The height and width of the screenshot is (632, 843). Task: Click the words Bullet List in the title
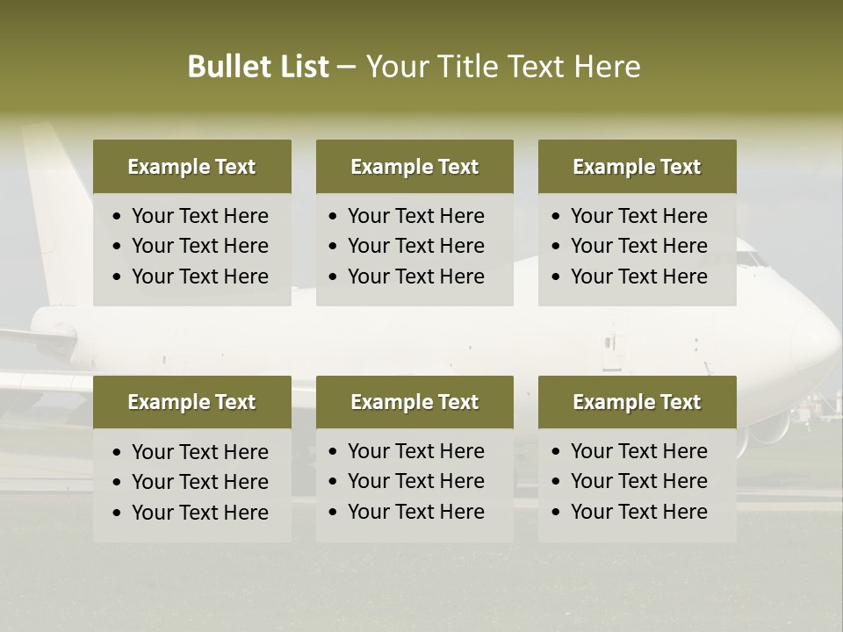click(x=257, y=67)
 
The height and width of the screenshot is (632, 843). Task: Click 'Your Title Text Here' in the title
click(x=502, y=67)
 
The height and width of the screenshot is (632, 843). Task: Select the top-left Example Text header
click(x=191, y=167)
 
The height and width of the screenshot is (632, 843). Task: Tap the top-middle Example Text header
click(x=414, y=167)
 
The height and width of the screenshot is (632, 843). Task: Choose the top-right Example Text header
click(x=637, y=167)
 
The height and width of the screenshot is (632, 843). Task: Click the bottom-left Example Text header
click(x=191, y=402)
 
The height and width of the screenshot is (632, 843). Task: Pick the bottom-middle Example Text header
click(x=414, y=402)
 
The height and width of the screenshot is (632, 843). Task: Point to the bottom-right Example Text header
click(x=637, y=402)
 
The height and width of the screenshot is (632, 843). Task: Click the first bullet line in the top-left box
click(x=199, y=216)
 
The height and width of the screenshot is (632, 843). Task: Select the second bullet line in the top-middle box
click(x=415, y=246)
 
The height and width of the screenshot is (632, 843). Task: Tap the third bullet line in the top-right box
click(x=638, y=276)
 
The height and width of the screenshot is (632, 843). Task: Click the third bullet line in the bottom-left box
click(x=199, y=513)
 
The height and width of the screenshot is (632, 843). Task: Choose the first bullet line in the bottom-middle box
click(x=415, y=451)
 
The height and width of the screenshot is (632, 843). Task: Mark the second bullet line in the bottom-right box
click(x=638, y=481)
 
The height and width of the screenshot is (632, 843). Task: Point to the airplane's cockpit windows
click(x=750, y=259)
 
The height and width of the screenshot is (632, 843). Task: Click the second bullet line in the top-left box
click(x=199, y=246)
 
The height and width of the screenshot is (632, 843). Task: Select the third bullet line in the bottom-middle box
click(x=415, y=512)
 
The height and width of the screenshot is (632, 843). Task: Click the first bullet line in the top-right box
click(x=638, y=216)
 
